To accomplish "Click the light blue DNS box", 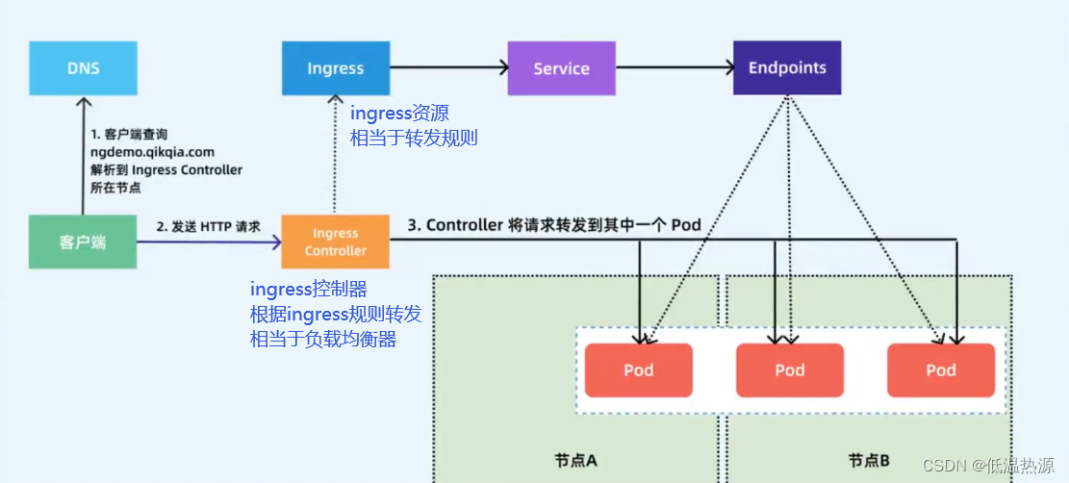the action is point(83,67).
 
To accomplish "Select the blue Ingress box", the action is point(336,67).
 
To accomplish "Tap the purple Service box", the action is point(561,67).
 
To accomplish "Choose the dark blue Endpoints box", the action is point(787,67).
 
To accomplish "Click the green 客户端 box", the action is point(83,241).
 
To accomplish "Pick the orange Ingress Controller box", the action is point(336,241).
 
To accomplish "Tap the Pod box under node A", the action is point(639,369).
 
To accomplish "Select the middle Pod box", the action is point(789,369).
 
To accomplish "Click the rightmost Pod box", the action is point(941,369).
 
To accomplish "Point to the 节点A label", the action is point(575,461).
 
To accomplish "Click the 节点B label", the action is point(869,461).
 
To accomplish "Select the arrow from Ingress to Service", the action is point(449,66).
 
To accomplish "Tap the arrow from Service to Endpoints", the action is point(674,66).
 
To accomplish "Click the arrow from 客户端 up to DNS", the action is point(83,155).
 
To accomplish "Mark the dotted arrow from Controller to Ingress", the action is point(335,155).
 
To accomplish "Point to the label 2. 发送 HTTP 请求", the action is point(209,227).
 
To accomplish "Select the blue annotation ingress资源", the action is point(399,112).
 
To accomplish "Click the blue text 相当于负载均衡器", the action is point(323,339).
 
